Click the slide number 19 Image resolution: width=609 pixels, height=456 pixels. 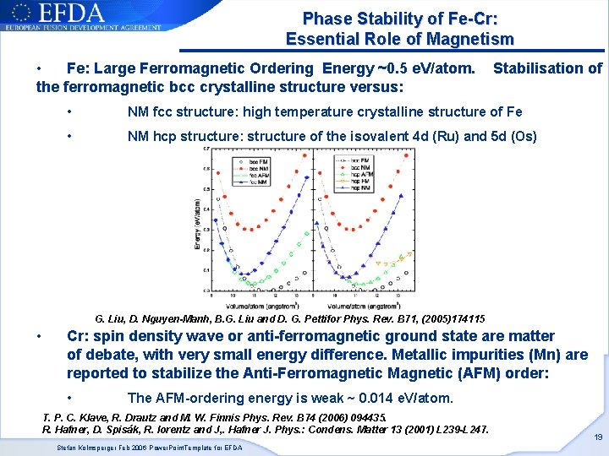pyautogui.click(x=597, y=437)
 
